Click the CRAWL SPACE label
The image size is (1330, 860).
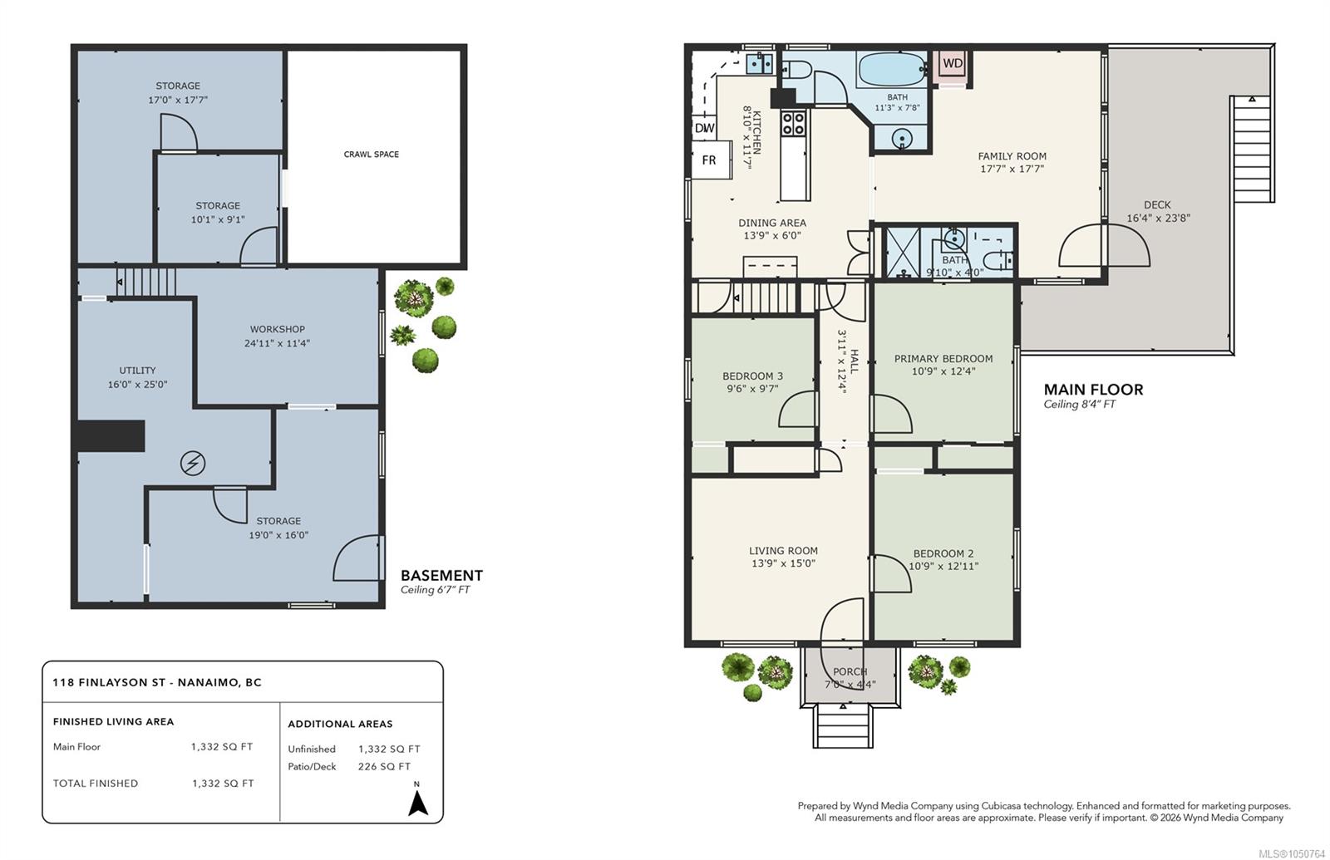tap(371, 155)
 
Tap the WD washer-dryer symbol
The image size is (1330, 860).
tap(953, 63)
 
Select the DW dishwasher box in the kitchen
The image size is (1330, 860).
tap(704, 128)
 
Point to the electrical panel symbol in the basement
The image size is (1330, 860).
tap(193, 463)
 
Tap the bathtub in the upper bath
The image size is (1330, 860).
tap(892, 70)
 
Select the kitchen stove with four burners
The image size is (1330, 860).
tap(794, 124)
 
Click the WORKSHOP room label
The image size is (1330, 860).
tap(278, 329)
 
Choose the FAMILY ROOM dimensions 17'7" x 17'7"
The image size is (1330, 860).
tap(1012, 170)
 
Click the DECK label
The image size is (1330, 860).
tap(1157, 204)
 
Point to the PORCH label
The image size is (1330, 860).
tap(850, 671)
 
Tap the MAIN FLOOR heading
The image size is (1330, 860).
tap(1093, 390)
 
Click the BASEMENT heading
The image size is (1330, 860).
tap(441, 575)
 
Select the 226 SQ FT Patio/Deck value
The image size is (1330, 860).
tap(384, 766)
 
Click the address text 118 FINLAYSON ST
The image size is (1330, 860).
tap(109, 682)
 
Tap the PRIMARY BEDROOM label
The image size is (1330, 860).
tap(943, 358)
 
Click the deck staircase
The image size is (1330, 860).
tap(1252, 149)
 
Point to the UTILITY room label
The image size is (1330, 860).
tap(137, 371)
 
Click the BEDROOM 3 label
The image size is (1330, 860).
tap(752, 376)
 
